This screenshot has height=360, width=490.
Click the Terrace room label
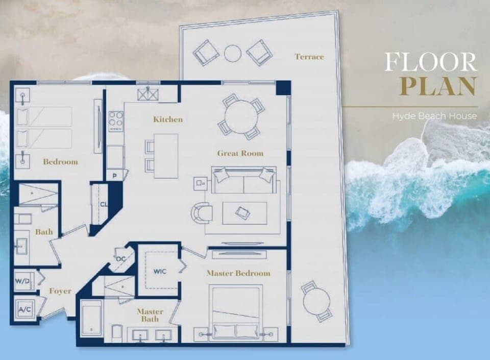pyautogui.click(x=309, y=57)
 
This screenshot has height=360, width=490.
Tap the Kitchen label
pyautogui.click(x=168, y=119)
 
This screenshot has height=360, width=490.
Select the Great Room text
pyautogui.click(x=240, y=153)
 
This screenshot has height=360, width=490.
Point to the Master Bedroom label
pyautogui.click(x=238, y=273)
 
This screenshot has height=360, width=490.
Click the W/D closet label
pyautogui.click(x=22, y=281)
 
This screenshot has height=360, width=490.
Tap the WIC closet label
pyautogui.click(x=160, y=271)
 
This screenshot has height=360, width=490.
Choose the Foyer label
pyautogui.click(x=60, y=291)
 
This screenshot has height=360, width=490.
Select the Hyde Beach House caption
pyautogui.click(x=434, y=116)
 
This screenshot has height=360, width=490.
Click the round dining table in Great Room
pyautogui.click(x=241, y=115)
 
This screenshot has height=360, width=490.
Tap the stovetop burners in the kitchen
pyautogui.click(x=116, y=122)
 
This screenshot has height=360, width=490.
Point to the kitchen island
pyautogui.click(x=166, y=156)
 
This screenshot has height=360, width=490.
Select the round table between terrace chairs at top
pyautogui.click(x=233, y=53)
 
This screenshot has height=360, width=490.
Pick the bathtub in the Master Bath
pyautogui.click(x=92, y=318)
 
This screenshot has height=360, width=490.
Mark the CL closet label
pyautogui.click(x=104, y=204)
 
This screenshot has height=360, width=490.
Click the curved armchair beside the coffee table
pyautogui.click(x=203, y=212)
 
